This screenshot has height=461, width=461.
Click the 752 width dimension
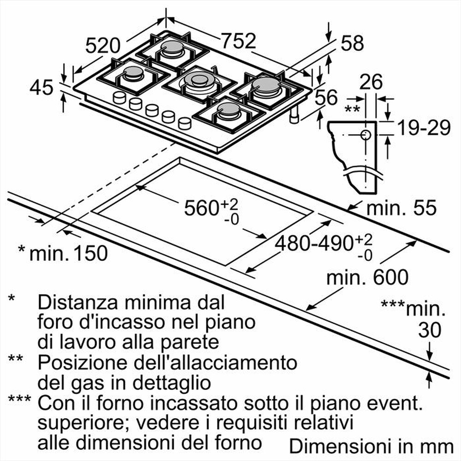238,41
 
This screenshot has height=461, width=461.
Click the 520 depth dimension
103,46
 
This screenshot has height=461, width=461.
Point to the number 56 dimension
326,98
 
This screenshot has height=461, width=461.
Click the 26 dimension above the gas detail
371,83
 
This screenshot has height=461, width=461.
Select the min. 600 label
367,278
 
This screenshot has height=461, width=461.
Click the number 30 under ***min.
429,330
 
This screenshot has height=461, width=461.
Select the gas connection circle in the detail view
365,135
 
